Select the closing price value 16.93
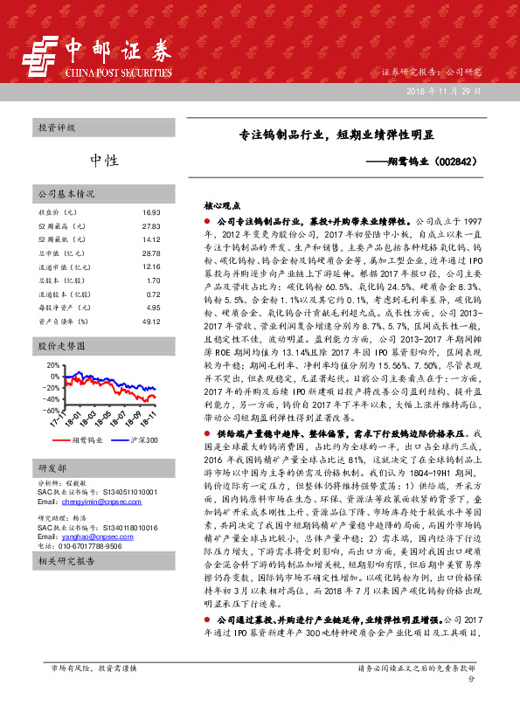coord(151,212)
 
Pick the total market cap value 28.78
coord(151,253)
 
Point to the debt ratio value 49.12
coord(151,322)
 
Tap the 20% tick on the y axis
coord(52,363)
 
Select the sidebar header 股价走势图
coord(59,346)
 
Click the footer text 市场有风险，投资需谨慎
coord(94,692)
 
